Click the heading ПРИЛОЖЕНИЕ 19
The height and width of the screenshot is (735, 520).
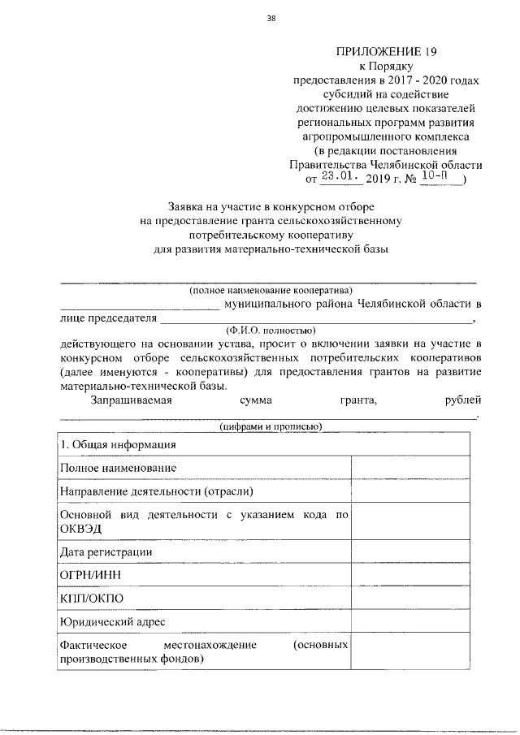[x=387, y=52]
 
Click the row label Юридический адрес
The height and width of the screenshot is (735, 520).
[x=113, y=622]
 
